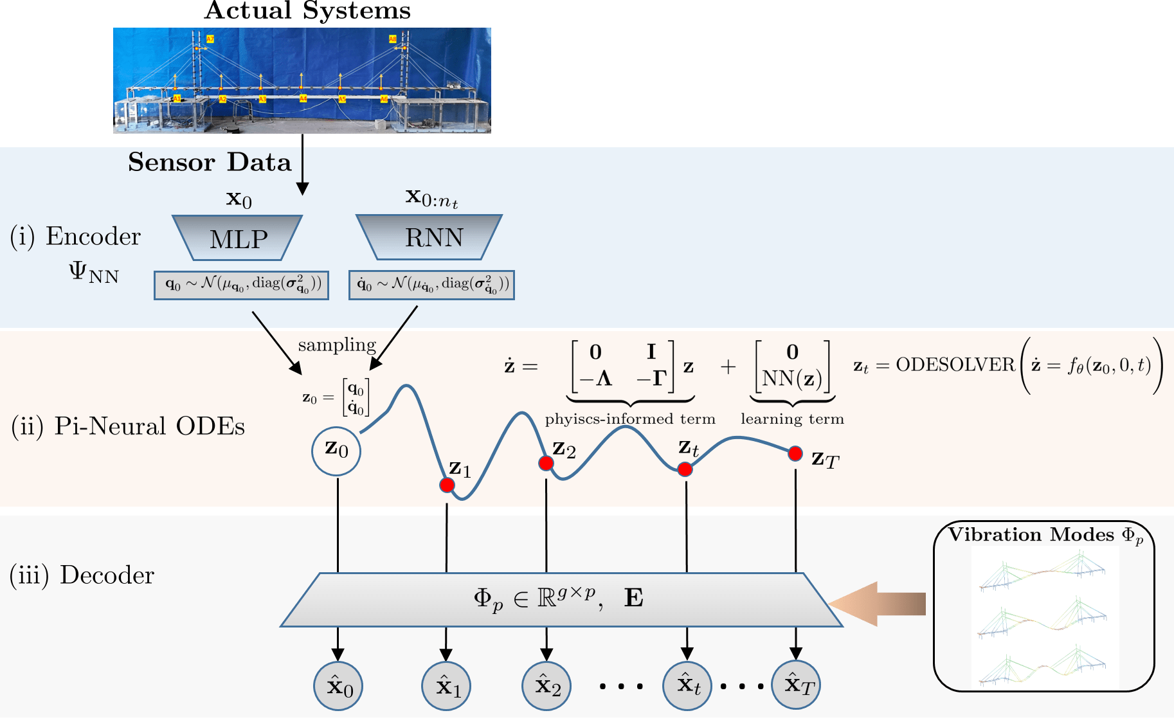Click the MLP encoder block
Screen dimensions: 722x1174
[238, 238]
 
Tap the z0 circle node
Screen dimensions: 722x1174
[336, 451]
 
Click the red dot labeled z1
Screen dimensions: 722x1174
[447, 485]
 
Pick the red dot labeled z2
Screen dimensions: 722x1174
[546, 463]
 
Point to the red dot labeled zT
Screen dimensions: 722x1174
[795, 454]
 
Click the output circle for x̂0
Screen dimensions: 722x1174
[338, 686]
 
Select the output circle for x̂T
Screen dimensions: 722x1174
[797, 685]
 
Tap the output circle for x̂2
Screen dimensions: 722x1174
[546, 686]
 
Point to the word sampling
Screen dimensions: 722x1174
[337, 345]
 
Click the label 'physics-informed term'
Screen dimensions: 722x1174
[630, 419]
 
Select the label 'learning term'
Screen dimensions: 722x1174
[792, 419]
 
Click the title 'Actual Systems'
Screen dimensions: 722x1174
[307, 11]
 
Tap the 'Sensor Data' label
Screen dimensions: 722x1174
[210, 162]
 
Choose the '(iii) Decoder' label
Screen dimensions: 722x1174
[82, 575]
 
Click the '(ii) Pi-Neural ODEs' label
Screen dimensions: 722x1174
[128, 426]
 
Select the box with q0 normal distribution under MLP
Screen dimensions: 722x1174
[242, 285]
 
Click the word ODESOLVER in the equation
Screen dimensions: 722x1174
[955, 365]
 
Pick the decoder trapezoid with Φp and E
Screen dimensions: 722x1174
[561, 599]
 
